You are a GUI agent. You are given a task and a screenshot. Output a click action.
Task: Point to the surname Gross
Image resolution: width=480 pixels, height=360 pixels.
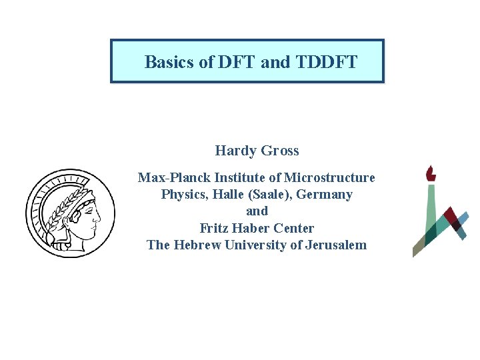coord(281,151)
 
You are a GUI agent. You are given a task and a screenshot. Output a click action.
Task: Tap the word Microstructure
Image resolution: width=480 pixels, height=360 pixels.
coord(329,177)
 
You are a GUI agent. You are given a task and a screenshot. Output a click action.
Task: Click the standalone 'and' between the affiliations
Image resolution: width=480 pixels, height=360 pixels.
coord(257,211)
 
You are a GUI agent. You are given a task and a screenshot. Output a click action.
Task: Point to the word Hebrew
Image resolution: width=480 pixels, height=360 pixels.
coord(197,245)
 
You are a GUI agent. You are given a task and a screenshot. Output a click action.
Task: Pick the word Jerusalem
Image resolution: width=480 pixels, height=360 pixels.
coord(336,245)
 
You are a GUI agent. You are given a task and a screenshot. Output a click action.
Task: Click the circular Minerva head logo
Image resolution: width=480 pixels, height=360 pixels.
coord(70,213)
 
